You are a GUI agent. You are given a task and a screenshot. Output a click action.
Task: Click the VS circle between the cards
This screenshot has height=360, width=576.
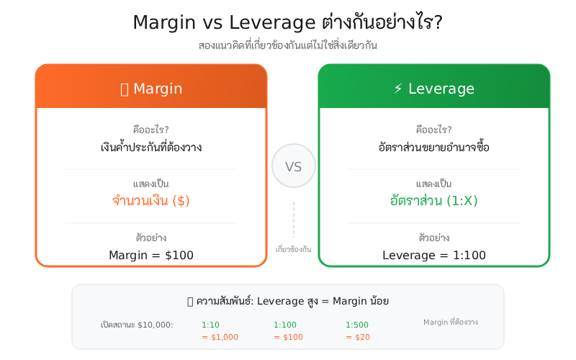click(x=294, y=166)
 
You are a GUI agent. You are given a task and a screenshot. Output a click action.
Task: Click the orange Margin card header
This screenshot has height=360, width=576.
click(x=151, y=88)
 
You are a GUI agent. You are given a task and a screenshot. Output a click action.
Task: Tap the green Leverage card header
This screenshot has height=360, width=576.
click(x=434, y=88)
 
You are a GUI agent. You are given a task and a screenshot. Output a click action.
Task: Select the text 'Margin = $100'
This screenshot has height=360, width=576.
click(x=151, y=255)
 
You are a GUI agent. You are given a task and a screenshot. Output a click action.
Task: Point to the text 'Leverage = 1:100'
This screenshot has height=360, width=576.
click(x=434, y=255)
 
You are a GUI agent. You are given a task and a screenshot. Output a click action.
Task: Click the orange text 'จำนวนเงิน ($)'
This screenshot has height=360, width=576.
click(x=151, y=200)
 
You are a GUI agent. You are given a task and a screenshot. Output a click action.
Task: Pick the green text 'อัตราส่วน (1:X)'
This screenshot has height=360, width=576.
click(x=434, y=200)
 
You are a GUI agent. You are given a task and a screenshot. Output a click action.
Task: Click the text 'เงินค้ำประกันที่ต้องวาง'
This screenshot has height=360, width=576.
click(x=151, y=148)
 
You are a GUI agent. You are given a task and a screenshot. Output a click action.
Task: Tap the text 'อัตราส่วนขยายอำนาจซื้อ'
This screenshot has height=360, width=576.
click(x=434, y=148)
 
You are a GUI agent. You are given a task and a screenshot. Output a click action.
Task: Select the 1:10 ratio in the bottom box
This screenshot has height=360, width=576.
click(x=211, y=325)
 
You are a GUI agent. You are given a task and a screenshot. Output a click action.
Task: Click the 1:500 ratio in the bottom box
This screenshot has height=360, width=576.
click(x=357, y=325)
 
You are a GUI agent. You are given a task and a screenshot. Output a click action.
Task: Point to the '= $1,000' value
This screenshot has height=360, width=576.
click(x=220, y=337)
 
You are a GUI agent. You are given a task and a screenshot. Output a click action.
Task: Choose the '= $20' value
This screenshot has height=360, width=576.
click(x=358, y=337)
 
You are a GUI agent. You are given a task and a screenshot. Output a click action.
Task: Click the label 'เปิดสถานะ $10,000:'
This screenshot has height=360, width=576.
click(x=137, y=325)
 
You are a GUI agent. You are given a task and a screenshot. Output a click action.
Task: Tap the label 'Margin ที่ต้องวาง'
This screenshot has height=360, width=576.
click(x=450, y=322)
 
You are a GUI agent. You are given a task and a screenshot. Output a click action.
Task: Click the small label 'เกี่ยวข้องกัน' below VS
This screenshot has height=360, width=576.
click(x=294, y=249)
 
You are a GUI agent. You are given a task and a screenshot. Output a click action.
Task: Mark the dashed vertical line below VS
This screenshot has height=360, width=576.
click(x=294, y=220)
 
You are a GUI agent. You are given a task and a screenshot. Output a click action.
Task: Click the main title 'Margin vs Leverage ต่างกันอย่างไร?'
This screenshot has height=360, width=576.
click(x=288, y=23)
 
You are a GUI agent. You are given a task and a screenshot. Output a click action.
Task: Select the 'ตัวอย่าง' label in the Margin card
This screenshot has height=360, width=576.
click(x=151, y=237)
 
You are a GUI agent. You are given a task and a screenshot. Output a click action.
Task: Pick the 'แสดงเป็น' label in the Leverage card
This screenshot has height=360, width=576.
click(x=434, y=184)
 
